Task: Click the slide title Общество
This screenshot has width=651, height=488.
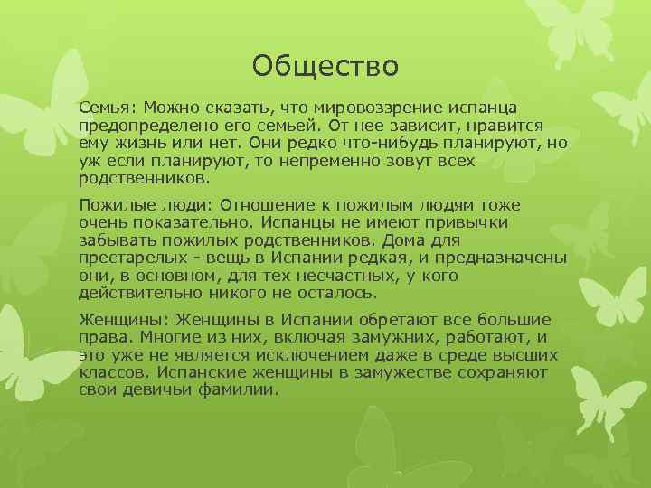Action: tap(325, 65)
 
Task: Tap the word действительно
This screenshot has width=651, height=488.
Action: tap(140, 293)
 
